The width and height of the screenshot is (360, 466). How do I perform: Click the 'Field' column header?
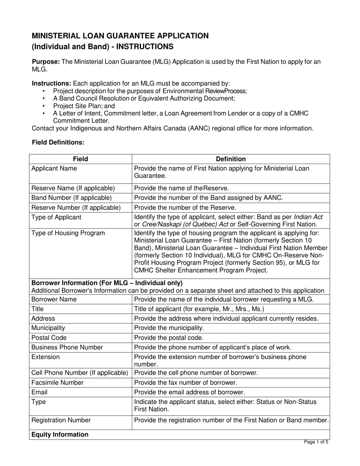pyautogui.click(x=80, y=159)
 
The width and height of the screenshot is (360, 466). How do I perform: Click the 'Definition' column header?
pyautogui.click(x=231, y=159)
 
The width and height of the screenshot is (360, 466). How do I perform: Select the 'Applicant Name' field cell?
pyautogui.click(x=54, y=169)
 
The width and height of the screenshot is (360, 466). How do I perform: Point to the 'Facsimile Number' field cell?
pyautogui.click(x=57, y=383)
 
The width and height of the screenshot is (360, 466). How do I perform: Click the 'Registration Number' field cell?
pyautogui.click(x=61, y=420)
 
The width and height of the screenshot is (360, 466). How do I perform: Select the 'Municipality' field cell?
pyautogui.click(x=48, y=328)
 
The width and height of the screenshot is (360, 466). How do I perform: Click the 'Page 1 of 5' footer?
pyautogui.click(x=316, y=442)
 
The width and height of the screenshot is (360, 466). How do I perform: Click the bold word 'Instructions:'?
pyautogui.click(x=52, y=83)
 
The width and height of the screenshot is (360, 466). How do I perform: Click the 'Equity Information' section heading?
pyautogui.click(x=60, y=435)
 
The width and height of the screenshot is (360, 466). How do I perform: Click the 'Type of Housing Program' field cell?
pyautogui.click(x=68, y=233)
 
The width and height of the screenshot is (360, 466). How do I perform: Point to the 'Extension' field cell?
pyautogui.click(x=45, y=357)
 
